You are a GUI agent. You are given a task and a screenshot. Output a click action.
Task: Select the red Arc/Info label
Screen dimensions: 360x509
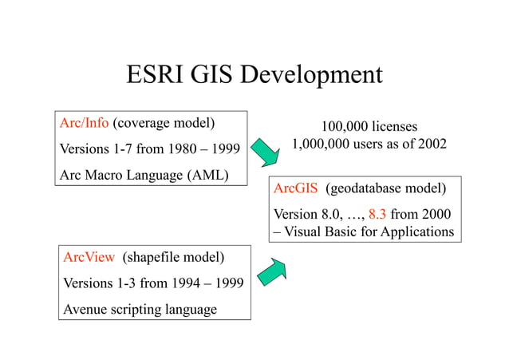85,124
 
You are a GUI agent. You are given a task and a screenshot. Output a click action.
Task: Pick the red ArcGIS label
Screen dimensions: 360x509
296,189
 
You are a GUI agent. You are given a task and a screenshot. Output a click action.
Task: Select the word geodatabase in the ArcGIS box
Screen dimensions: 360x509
371,189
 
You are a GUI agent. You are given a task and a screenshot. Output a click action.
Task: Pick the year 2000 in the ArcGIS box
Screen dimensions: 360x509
436,214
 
